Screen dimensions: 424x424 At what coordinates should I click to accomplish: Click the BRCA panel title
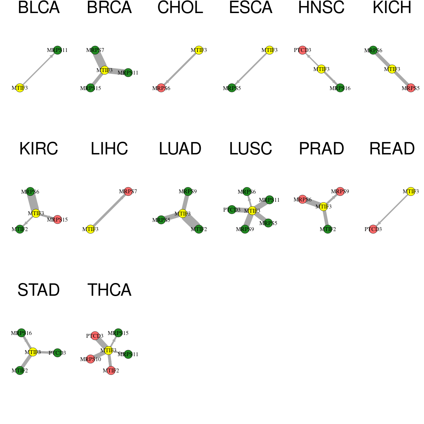(109, 8)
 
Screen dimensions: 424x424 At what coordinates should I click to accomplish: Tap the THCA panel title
(109, 290)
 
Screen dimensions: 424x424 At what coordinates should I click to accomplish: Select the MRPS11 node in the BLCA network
(58, 50)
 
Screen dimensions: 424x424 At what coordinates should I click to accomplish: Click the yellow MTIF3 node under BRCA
(105, 70)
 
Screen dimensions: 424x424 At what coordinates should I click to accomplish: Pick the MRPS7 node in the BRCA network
(95, 50)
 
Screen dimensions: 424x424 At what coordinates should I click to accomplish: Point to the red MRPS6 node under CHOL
(161, 88)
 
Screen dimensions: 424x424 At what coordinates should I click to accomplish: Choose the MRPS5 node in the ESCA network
(232, 88)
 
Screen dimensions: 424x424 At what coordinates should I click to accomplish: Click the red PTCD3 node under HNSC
(302, 50)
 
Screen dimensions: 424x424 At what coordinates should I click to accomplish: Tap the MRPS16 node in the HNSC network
(340, 88)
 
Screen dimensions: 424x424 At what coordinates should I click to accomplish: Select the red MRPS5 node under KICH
(411, 88)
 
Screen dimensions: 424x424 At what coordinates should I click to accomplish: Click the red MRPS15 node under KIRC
(58, 219)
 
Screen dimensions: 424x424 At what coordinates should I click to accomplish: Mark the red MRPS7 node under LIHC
(128, 192)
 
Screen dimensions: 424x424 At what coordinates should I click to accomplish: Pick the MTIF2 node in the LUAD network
(199, 229)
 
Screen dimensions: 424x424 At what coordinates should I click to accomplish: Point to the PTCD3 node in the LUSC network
(232, 210)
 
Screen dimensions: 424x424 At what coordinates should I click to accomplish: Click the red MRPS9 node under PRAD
(340, 192)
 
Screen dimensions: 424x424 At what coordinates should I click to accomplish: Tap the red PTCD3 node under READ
(373, 229)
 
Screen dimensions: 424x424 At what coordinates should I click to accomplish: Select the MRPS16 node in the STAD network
(22, 333)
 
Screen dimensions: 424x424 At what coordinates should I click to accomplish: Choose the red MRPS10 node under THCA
(90, 359)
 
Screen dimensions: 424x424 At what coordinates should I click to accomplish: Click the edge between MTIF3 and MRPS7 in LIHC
(109, 210)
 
